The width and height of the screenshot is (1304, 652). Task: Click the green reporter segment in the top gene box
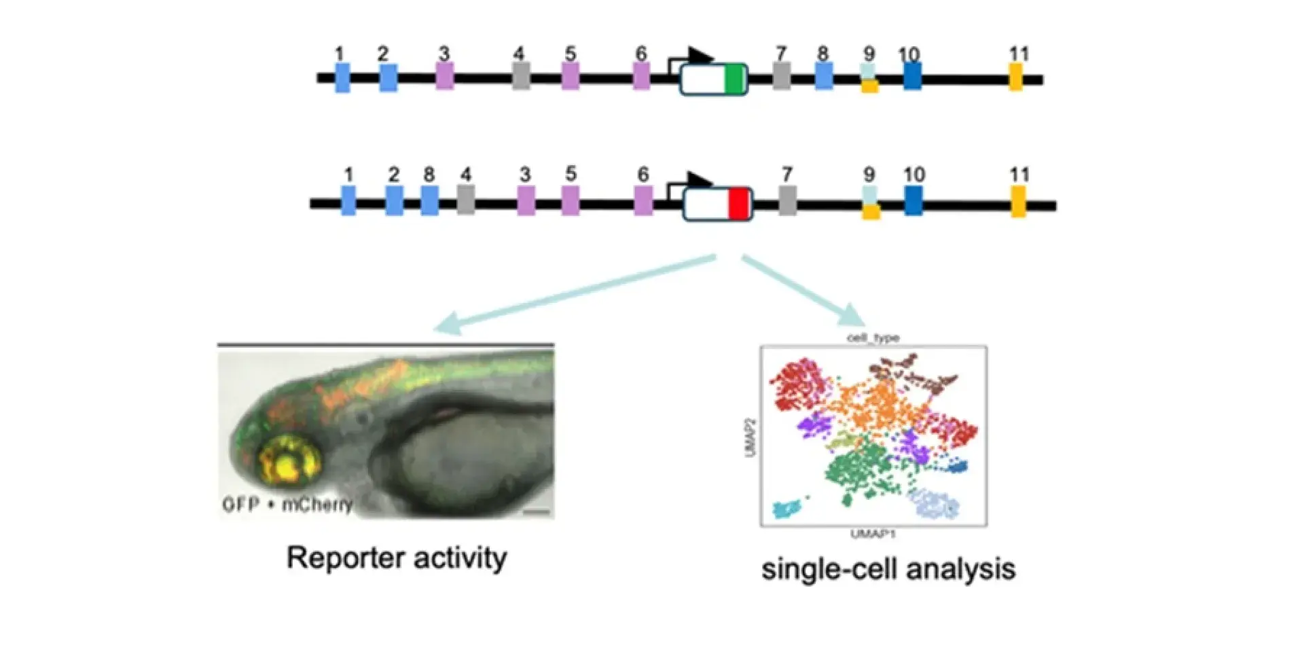734,79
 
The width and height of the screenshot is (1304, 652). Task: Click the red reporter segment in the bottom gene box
738,204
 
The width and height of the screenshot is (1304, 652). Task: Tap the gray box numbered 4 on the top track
521,77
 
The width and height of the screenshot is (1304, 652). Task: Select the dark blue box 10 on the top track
912,76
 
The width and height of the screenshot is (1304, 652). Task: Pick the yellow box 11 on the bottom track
1018,202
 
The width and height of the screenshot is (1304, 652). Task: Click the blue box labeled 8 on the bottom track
429,201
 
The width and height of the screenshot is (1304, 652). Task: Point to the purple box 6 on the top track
641,77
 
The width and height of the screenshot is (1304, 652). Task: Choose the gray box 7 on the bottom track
787,201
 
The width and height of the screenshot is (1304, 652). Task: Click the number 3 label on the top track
443,53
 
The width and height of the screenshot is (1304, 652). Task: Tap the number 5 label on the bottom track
570,174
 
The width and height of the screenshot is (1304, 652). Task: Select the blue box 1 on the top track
342,77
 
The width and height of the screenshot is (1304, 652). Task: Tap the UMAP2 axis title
750,437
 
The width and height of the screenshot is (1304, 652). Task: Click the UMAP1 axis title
873,534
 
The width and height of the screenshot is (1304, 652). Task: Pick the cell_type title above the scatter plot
873,338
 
